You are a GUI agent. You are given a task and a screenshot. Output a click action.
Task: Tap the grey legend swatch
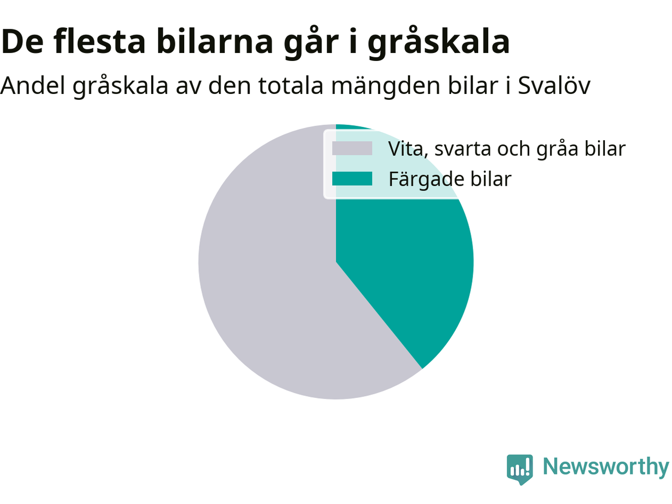pos(352,149)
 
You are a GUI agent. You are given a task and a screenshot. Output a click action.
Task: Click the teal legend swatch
pos(352,178)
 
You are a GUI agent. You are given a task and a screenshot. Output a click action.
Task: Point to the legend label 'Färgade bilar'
pos(450,180)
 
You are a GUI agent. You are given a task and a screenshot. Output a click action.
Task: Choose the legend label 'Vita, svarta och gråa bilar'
pos(507,149)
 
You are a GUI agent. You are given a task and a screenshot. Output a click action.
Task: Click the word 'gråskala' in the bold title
pos(439,42)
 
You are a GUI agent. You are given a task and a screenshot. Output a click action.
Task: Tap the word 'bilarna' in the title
pos(215,41)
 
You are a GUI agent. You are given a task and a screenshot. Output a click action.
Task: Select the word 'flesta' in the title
pos(100,41)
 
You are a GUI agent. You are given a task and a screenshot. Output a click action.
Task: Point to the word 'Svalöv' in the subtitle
pos(554,85)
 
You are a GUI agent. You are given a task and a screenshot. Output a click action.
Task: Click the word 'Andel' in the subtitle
pos(33,85)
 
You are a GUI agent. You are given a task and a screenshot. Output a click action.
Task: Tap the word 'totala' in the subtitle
pos(291,85)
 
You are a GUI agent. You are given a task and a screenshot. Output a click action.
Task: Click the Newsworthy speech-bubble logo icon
pos(520,470)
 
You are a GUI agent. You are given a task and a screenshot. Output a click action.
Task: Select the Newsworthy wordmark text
pos(606,467)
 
